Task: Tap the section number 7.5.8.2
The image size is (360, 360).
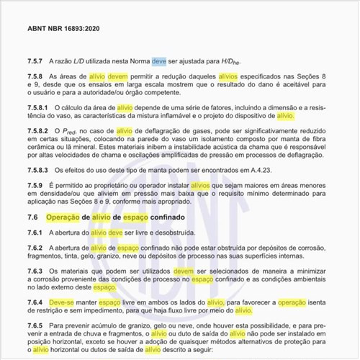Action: (x=40, y=130)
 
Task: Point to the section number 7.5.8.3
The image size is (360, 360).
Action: (x=40, y=170)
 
